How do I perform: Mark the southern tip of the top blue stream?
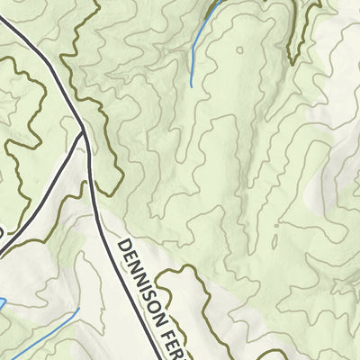pos(191,86)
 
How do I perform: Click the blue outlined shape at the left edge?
pos(3,304)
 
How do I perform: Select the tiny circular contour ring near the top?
pos(239,51)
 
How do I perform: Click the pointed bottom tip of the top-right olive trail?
pos(290,64)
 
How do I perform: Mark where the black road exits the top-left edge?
pos(3,20)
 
